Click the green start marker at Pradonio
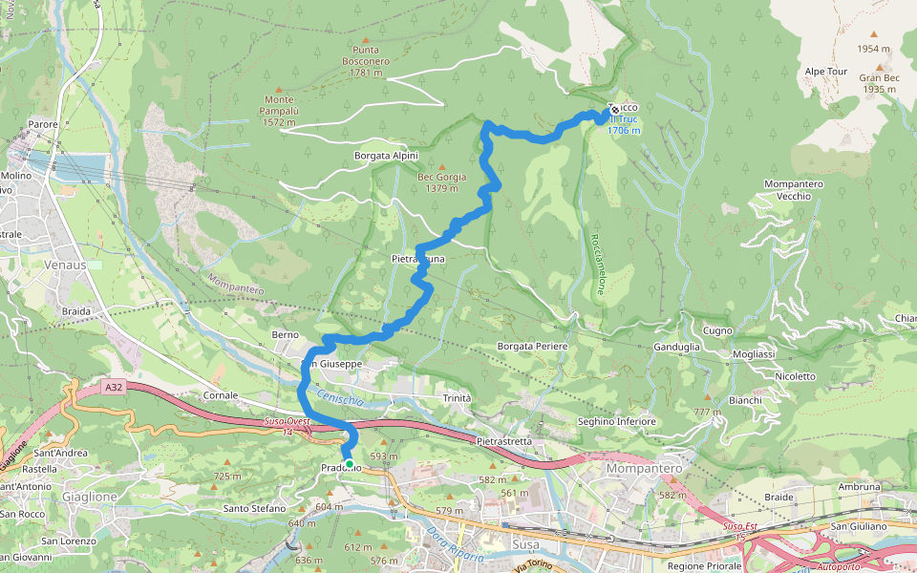coord(350,464)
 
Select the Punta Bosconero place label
coord(366,60)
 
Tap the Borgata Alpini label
coord(386,156)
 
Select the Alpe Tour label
coord(825,72)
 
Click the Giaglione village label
coord(88,497)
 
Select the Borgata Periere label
coord(533,346)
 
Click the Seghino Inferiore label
coord(616,421)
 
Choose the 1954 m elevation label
coord(873,49)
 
